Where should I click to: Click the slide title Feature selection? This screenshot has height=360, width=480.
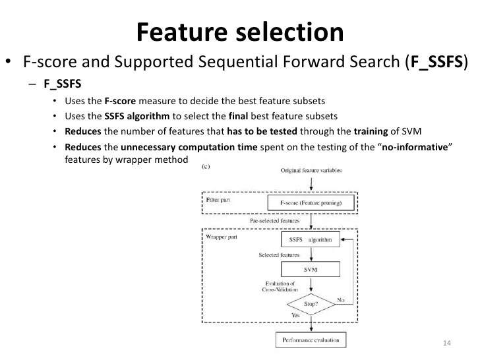(x=240, y=32)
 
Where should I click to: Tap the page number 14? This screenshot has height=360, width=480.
(x=446, y=344)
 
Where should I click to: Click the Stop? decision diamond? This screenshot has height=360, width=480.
(x=311, y=305)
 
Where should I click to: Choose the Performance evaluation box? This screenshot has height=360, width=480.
(x=311, y=342)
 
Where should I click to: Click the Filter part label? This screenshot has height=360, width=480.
(x=218, y=197)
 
